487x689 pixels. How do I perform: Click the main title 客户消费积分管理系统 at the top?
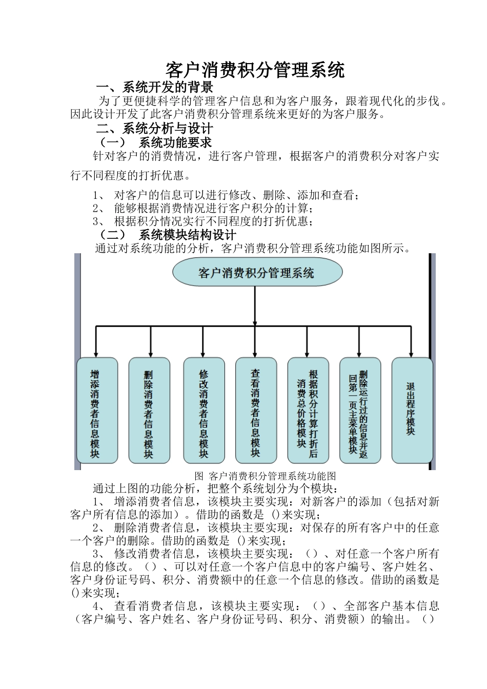click(x=255, y=70)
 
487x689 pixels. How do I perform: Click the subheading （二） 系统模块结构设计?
click(x=167, y=235)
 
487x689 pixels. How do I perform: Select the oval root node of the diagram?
click(x=257, y=272)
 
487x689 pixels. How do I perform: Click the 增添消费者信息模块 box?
click(x=95, y=410)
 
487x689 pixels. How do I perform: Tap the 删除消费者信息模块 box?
click(x=149, y=410)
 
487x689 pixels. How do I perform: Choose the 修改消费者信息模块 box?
click(x=204, y=410)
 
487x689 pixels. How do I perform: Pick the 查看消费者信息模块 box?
click(x=255, y=410)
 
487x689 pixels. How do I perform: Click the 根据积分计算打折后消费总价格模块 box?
click(x=308, y=410)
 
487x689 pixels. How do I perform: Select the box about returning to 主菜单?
click(x=360, y=410)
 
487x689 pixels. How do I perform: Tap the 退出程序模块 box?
click(x=412, y=410)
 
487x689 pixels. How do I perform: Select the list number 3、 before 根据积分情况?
click(x=99, y=221)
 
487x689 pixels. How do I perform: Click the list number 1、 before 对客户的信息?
click(x=99, y=195)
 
